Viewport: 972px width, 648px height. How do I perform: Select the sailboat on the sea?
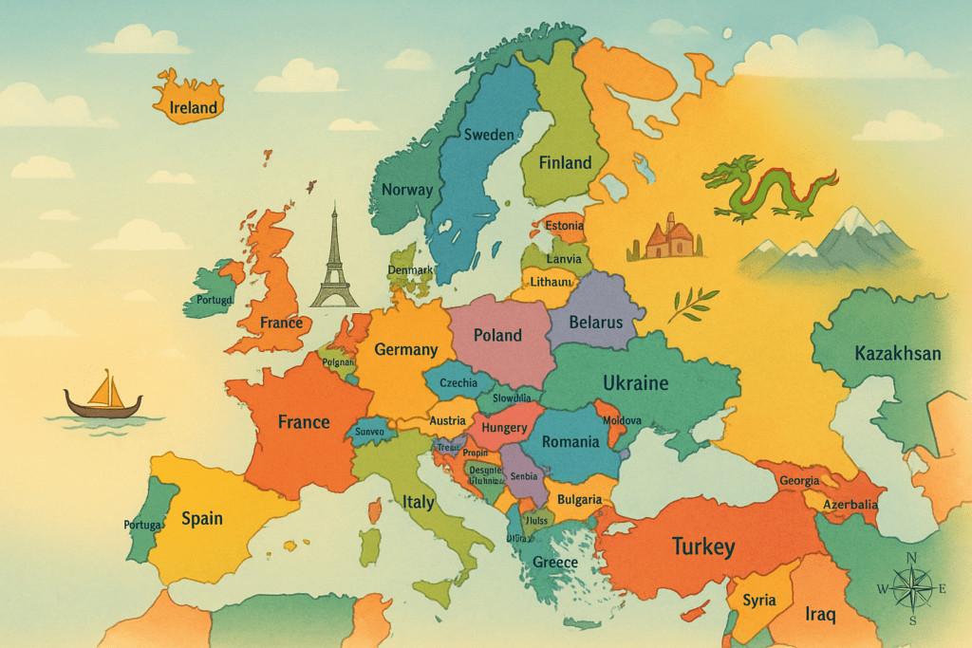(103, 396)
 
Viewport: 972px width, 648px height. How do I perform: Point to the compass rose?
(912, 589)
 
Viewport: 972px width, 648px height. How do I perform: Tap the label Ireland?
(194, 108)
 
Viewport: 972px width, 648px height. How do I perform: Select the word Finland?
(565, 162)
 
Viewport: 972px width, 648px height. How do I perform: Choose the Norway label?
(406, 190)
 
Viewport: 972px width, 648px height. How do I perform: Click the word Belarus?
(595, 323)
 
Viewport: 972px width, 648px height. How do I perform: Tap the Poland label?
(497, 335)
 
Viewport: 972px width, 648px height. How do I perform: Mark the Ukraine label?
(636, 383)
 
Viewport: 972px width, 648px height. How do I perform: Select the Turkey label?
(703, 546)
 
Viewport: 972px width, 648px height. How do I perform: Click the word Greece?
(555, 563)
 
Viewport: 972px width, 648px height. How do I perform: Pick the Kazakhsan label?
(897, 354)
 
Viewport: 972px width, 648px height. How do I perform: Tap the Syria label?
(759, 600)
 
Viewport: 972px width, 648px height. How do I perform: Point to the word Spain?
(202, 518)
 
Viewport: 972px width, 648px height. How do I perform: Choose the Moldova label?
(623, 420)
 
